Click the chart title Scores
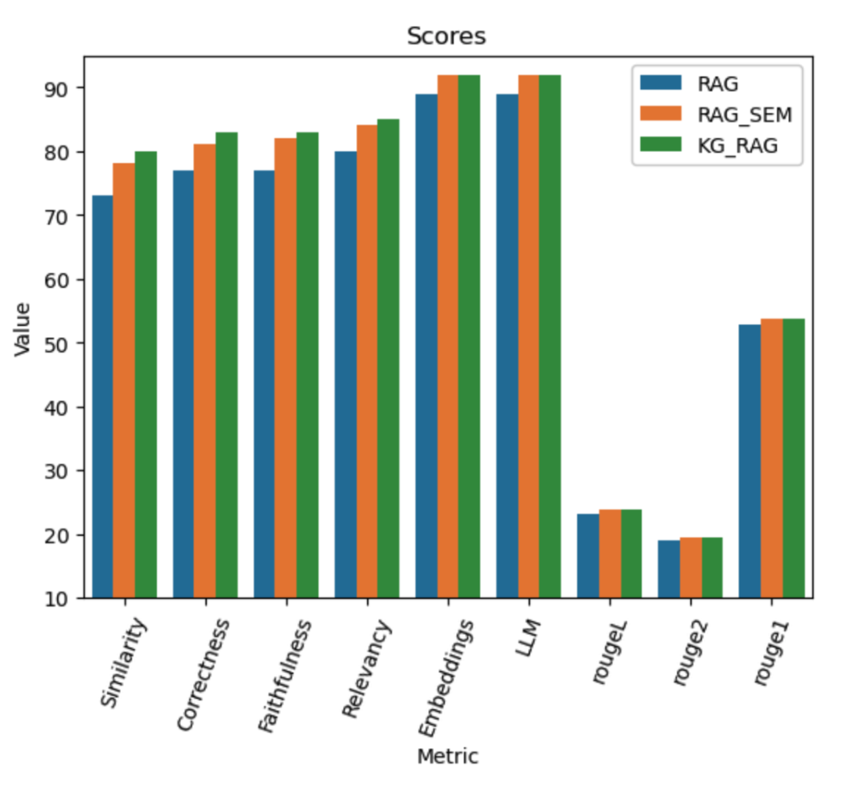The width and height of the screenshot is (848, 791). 446,36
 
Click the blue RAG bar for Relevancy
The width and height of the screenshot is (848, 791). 344,374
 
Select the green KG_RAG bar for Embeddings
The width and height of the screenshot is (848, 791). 469,336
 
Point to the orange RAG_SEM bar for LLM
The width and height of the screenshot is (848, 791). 529,336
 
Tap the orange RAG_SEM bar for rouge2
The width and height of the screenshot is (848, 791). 690,568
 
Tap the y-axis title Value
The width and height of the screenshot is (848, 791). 23,328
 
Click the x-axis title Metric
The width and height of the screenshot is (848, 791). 447,756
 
